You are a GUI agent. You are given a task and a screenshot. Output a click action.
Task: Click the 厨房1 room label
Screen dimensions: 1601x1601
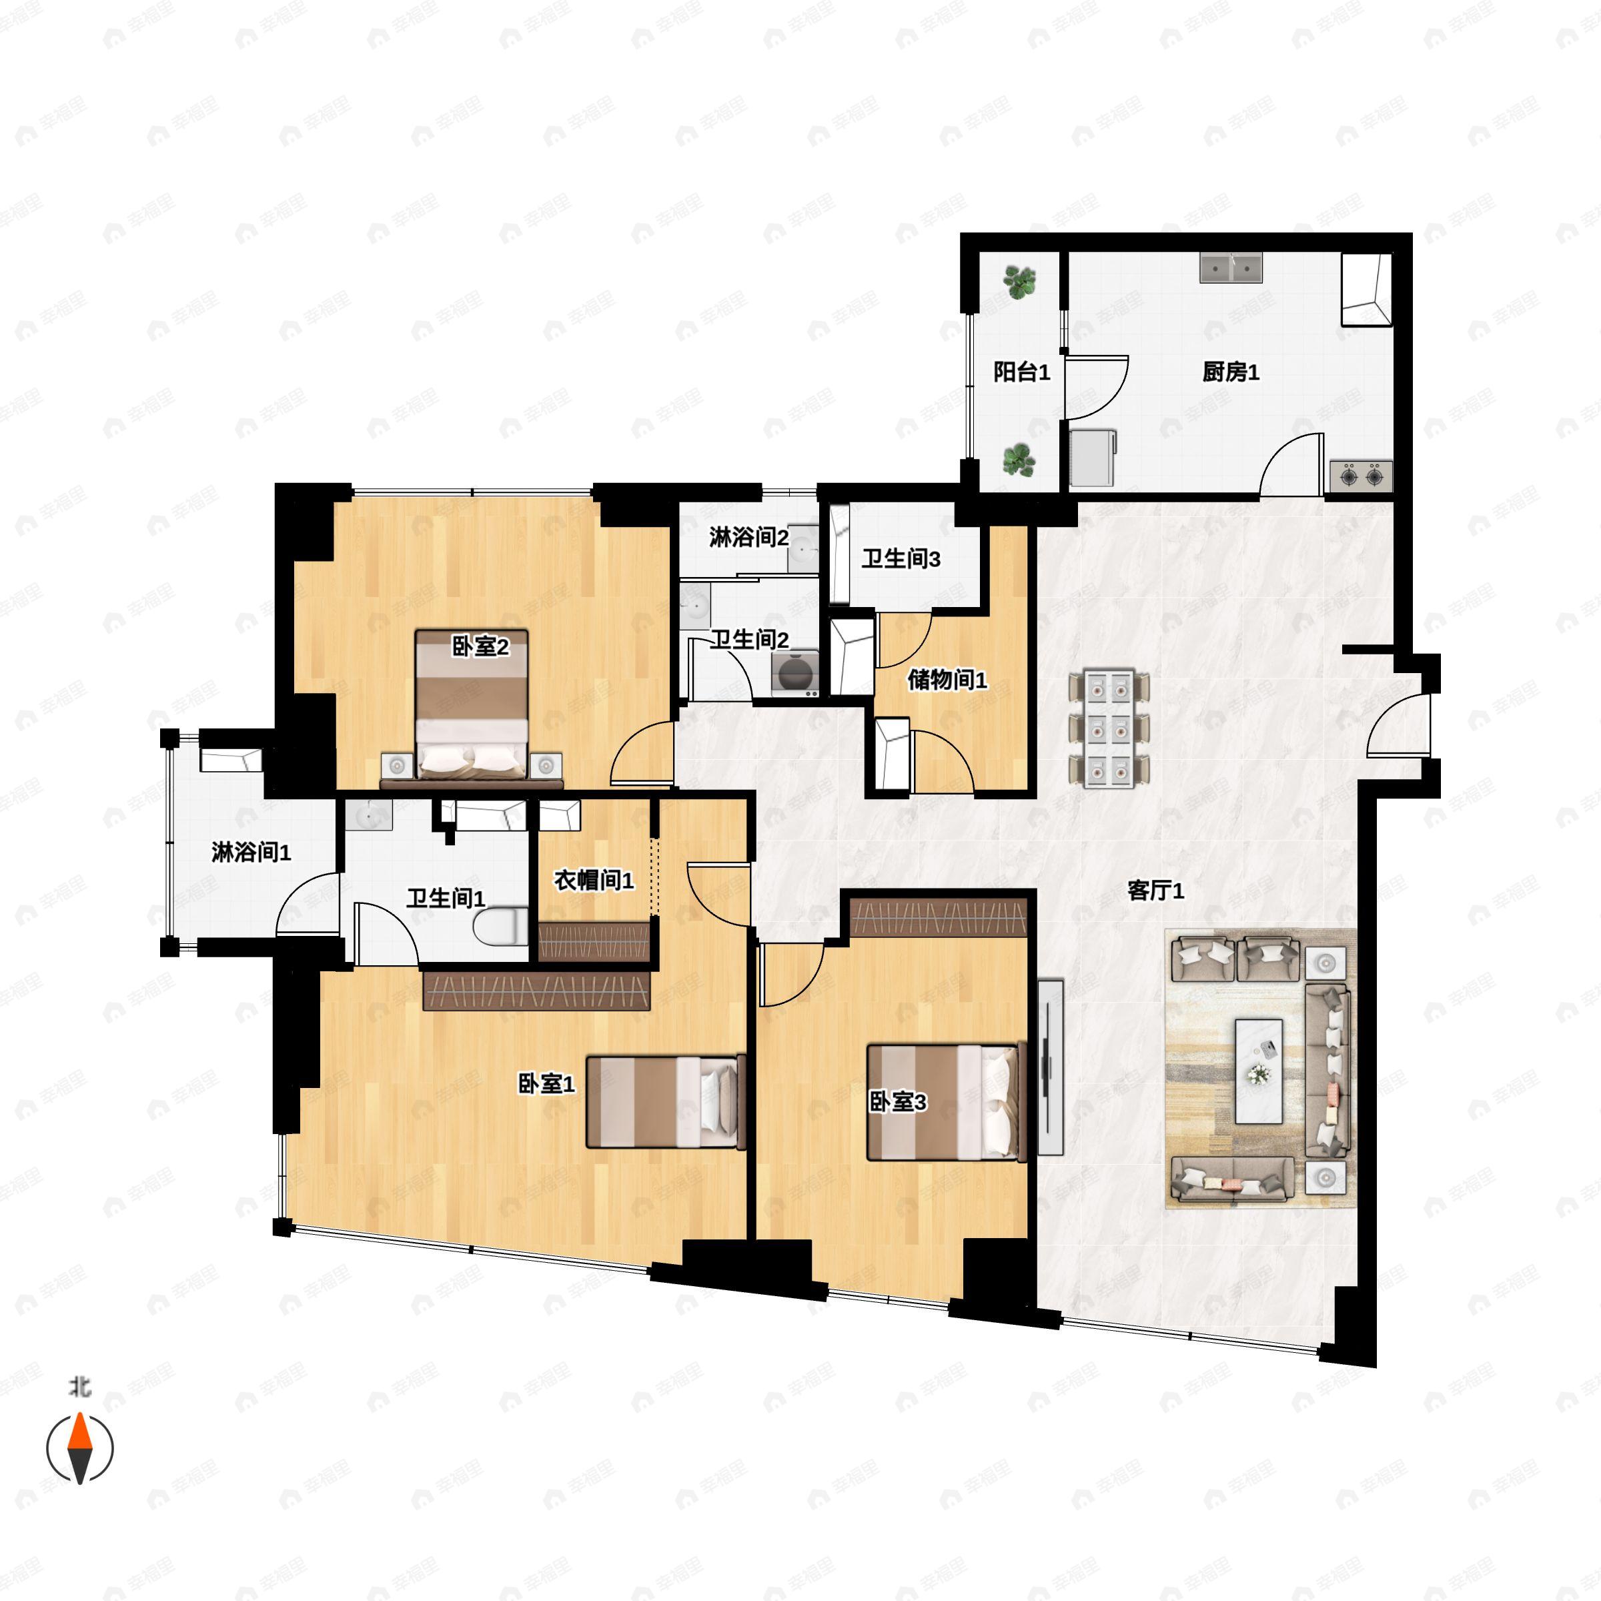click(x=1231, y=373)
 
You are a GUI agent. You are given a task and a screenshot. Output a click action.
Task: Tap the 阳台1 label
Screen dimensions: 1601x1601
click(x=1022, y=373)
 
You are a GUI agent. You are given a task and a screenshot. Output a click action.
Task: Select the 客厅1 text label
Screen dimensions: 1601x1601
click(x=1156, y=891)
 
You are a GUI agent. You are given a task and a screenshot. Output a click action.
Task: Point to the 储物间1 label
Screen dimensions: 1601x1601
click(x=947, y=680)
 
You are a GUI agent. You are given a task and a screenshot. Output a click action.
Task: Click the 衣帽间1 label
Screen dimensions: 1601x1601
click(x=594, y=880)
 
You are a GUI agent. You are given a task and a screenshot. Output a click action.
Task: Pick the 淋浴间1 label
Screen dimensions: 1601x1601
click(x=251, y=852)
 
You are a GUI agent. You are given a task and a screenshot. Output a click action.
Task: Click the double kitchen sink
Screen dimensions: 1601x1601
click(x=1231, y=268)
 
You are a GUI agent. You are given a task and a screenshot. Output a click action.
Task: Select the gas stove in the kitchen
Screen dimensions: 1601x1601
click(x=1361, y=476)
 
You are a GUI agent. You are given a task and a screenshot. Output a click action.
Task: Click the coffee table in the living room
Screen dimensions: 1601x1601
click(x=1259, y=1071)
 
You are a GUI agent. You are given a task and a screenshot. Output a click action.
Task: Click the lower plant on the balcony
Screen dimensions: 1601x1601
click(x=1019, y=460)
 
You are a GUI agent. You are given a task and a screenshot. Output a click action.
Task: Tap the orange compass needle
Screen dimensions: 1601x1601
click(x=79, y=1454)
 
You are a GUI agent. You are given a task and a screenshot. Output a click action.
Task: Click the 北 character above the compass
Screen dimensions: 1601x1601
click(x=79, y=1386)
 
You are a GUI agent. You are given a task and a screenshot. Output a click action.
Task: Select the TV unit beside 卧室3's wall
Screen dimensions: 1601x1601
click(x=1050, y=1067)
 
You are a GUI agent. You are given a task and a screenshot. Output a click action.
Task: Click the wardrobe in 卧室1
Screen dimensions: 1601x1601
click(x=536, y=990)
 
